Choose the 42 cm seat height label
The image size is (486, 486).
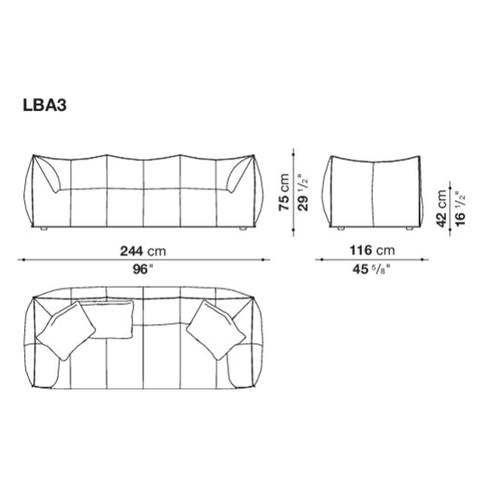tap(442, 208)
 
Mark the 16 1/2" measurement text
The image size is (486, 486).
tap(460, 208)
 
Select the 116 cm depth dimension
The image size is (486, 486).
tap(371, 251)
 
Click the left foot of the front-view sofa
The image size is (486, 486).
tap(43, 229)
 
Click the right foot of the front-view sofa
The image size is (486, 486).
tap(242, 229)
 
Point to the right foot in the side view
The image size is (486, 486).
tap(409, 229)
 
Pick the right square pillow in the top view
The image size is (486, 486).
tap(216, 330)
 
